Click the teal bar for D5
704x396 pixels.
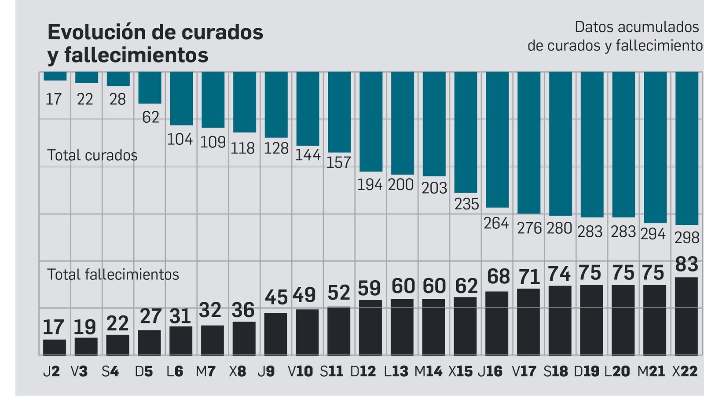(x=150, y=88)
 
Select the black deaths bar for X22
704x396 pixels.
(x=686, y=316)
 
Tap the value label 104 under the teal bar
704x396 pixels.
(x=180, y=139)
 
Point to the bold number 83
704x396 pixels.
(x=686, y=264)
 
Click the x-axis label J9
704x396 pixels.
(x=266, y=371)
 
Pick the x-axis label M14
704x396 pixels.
(x=428, y=371)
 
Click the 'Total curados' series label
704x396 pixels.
(x=92, y=155)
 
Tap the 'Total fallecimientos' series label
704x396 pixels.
(x=113, y=275)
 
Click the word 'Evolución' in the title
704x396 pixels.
(x=96, y=32)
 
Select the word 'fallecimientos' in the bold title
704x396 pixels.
(x=136, y=55)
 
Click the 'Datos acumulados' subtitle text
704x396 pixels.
(x=636, y=27)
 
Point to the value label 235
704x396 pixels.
(x=466, y=204)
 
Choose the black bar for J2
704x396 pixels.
(x=55, y=347)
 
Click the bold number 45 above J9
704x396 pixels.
(x=276, y=298)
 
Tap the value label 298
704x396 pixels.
(x=686, y=238)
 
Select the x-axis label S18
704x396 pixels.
(x=555, y=371)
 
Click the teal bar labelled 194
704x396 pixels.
(x=371, y=121)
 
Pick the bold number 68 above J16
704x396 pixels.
(x=498, y=277)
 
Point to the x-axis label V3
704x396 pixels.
(x=79, y=371)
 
